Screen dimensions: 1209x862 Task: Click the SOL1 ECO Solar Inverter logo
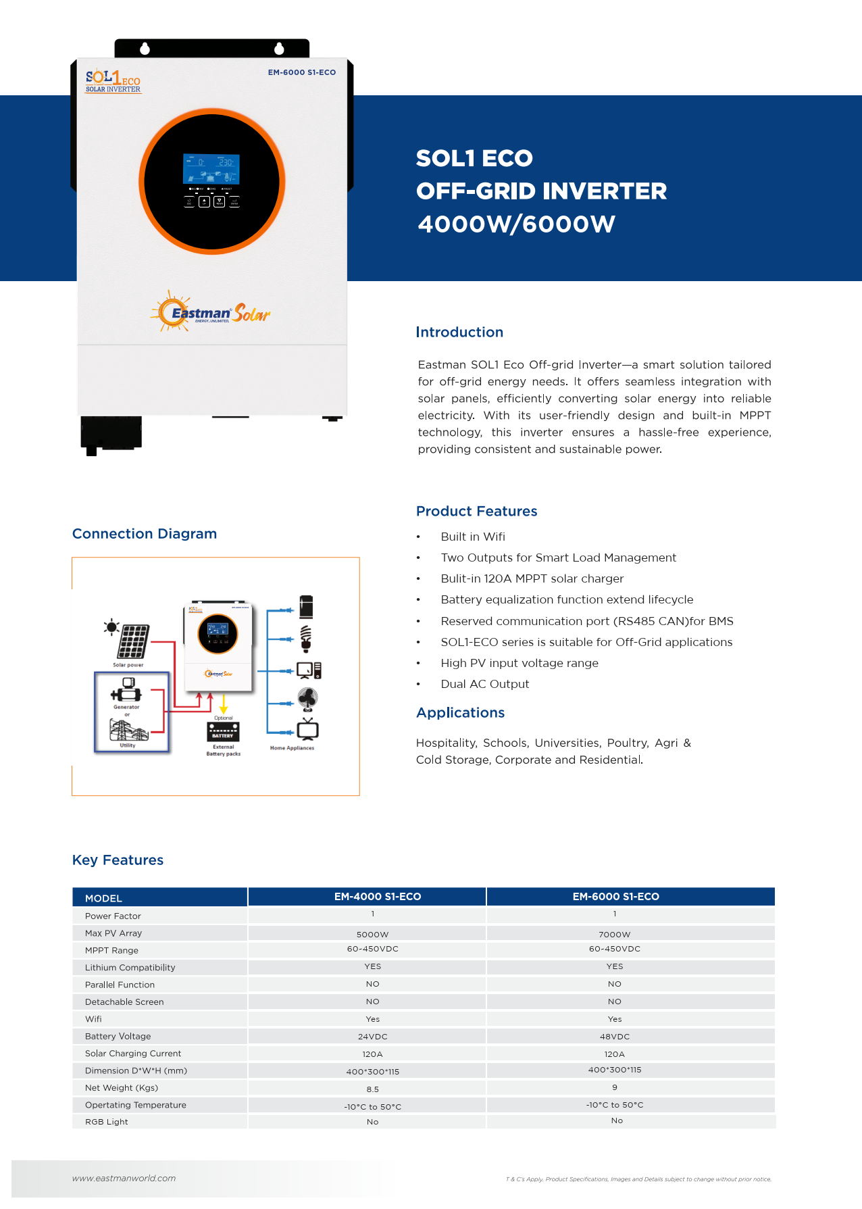[113, 81]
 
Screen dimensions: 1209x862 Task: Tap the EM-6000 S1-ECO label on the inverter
[301, 72]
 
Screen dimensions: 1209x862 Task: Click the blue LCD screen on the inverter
[211, 168]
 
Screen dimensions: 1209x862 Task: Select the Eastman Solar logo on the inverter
[211, 313]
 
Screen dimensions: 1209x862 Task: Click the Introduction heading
[459, 332]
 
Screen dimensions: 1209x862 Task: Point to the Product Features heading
[476, 512]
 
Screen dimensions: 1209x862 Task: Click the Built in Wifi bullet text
[473, 537]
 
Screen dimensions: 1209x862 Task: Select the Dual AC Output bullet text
[484, 684]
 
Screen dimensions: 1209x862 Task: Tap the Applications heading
[460, 713]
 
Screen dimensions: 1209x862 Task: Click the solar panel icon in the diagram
[132, 641]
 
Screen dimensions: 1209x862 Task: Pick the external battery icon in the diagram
[223, 732]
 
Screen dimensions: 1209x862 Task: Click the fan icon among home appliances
[307, 699]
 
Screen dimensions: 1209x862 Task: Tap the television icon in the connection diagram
[307, 729]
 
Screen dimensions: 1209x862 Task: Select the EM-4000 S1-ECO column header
[377, 897]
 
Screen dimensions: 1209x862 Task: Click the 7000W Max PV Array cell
[614, 935]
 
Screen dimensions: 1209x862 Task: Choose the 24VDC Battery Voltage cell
[372, 1037]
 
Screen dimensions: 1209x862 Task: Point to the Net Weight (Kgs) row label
[122, 1088]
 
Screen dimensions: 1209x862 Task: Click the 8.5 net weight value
[372, 1089]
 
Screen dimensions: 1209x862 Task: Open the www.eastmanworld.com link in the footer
[124, 1178]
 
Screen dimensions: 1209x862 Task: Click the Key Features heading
[118, 860]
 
